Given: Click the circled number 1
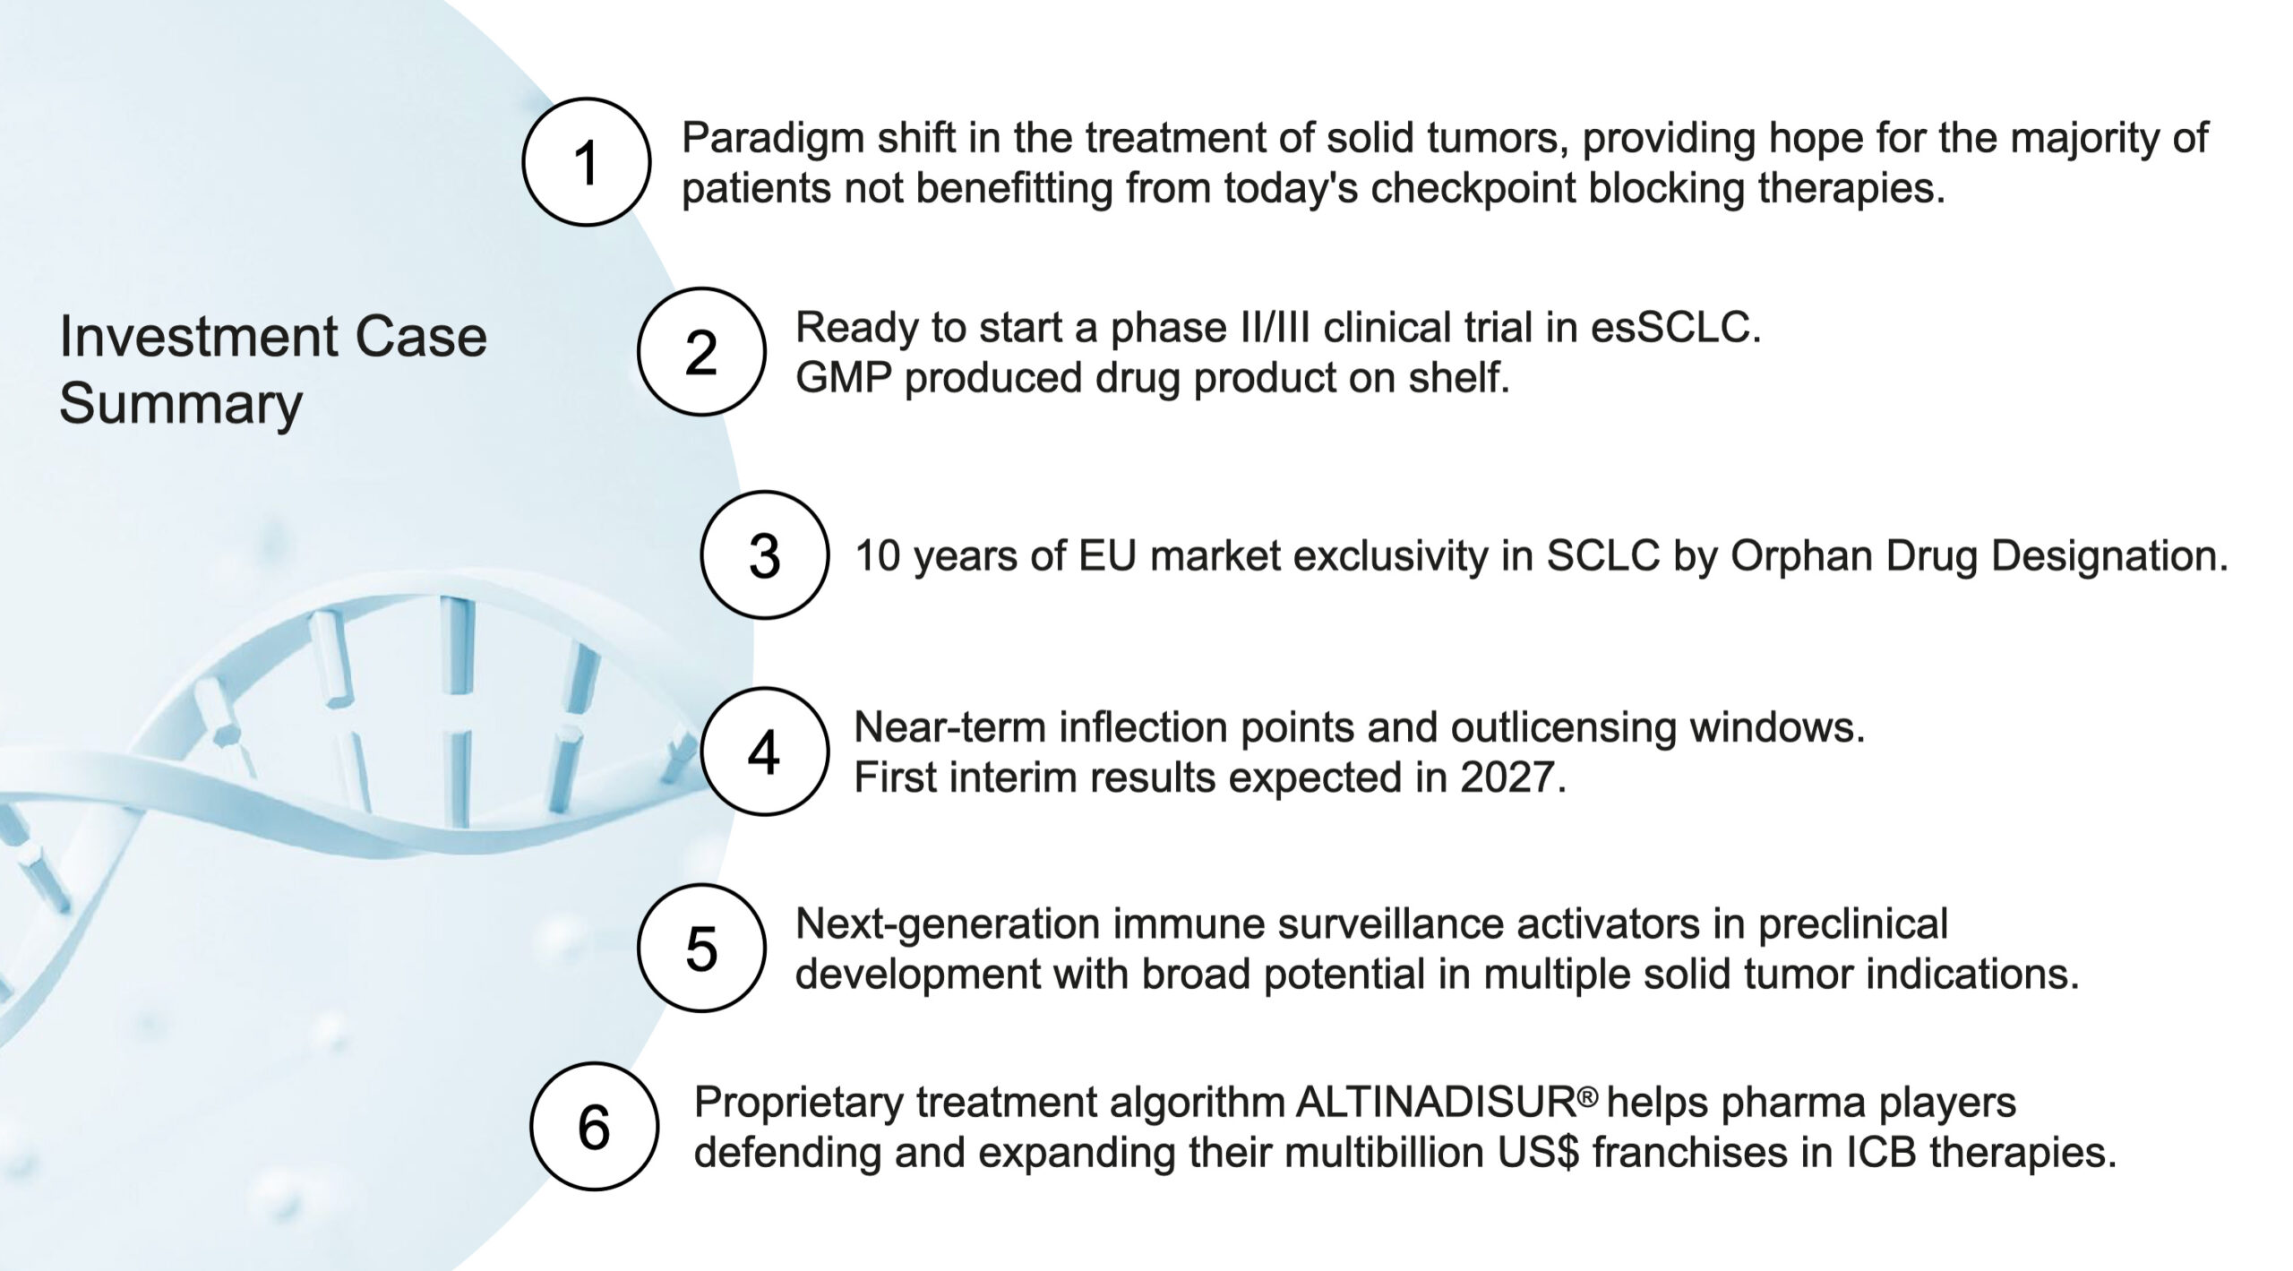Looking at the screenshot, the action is [x=587, y=162].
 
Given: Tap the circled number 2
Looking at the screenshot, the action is [x=701, y=351].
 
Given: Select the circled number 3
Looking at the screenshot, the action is [x=764, y=554].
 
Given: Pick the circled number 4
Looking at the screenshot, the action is [x=764, y=751].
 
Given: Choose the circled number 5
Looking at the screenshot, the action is [x=701, y=948].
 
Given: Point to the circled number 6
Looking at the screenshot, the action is [x=594, y=1126].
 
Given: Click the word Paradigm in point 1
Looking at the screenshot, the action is [x=771, y=140].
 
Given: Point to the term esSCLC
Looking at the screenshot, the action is [x=1675, y=328].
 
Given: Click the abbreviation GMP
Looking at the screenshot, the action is [x=843, y=378].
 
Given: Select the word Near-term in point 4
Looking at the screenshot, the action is [x=950, y=727].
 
